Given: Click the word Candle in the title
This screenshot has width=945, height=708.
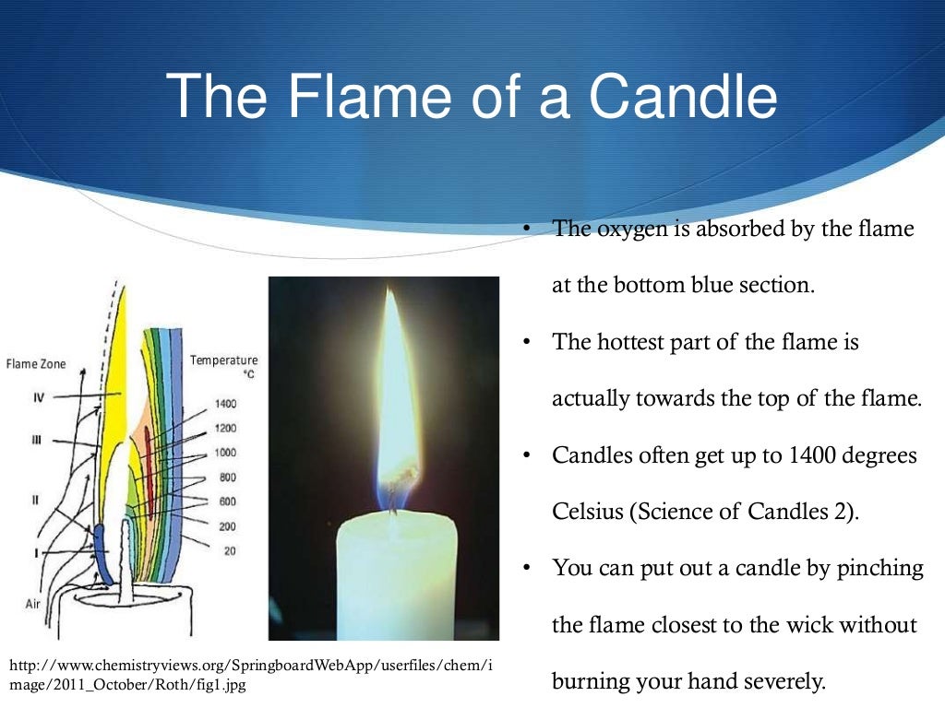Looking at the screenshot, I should [684, 96].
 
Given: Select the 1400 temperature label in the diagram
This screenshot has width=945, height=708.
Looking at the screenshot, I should [225, 404].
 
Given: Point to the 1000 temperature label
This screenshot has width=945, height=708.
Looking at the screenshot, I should [225, 453].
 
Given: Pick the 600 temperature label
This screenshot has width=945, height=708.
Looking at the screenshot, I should [227, 501].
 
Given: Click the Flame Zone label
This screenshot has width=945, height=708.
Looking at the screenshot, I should [36, 364].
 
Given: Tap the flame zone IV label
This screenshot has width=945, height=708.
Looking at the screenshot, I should [38, 398].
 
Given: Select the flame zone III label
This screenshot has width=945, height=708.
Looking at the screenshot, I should [36, 441].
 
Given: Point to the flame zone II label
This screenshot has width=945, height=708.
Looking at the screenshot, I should [35, 500].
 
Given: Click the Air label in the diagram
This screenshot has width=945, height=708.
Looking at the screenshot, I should [33, 605].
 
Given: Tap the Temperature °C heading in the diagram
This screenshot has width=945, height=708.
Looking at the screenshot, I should [224, 365].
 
